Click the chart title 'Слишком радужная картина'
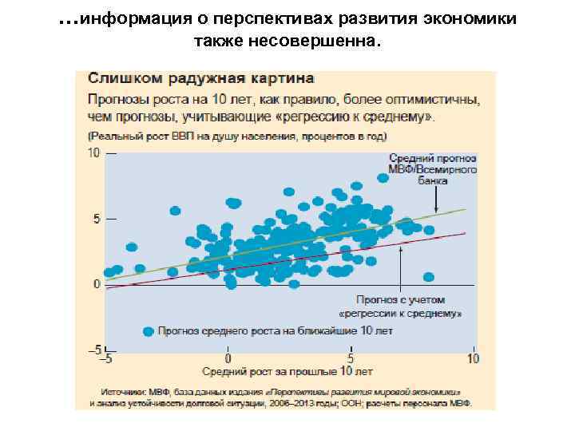coord(200,79)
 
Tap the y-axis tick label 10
coord(93,153)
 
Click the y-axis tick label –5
coord(93,350)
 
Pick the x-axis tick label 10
coord(473,358)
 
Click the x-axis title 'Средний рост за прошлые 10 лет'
coord(287,371)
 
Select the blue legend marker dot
coord(147,330)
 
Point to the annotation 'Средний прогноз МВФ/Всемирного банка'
coord(434,169)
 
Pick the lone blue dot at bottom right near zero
coord(428,277)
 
